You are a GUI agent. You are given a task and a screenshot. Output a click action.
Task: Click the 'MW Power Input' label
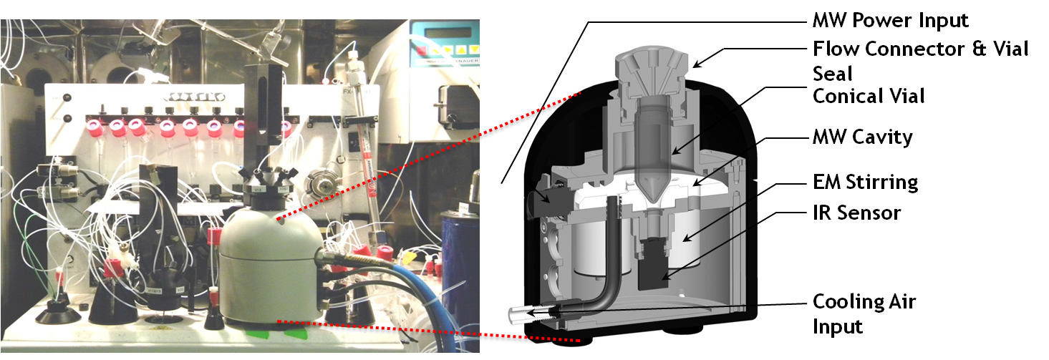(x=890, y=21)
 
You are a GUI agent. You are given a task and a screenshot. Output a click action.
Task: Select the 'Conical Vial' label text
(x=869, y=96)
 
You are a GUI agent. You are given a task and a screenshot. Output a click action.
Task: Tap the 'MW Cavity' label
(x=863, y=137)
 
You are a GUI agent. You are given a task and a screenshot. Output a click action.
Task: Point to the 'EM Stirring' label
(x=866, y=182)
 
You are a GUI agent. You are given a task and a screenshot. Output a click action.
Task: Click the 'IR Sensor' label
(x=856, y=213)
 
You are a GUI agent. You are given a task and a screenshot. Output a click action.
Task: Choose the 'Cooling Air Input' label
(x=864, y=313)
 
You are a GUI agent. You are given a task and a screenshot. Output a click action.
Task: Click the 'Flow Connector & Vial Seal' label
(x=920, y=61)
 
